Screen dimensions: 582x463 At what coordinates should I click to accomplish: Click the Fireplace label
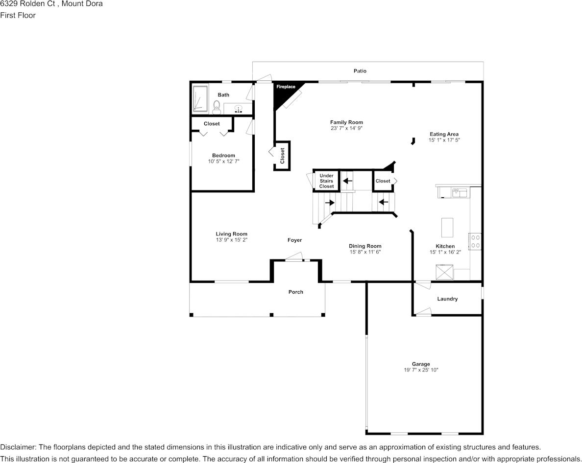(x=286, y=87)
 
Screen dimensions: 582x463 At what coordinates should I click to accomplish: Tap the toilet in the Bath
(x=217, y=108)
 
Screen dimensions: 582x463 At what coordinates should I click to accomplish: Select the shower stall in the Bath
(x=200, y=99)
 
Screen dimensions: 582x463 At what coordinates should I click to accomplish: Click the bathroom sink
(x=238, y=109)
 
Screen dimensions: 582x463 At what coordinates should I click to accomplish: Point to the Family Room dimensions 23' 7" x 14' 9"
(x=347, y=128)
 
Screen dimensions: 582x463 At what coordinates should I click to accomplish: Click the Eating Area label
(x=444, y=134)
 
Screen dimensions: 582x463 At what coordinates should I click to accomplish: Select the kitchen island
(x=447, y=227)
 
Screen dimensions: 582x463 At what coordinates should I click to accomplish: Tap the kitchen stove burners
(x=476, y=241)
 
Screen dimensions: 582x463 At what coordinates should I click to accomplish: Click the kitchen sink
(x=460, y=192)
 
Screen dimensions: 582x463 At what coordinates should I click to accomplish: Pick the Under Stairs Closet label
(x=327, y=181)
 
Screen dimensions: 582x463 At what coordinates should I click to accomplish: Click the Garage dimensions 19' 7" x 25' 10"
(x=421, y=370)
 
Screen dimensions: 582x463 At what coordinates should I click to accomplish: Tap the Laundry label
(x=447, y=299)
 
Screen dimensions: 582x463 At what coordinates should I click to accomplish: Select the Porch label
(x=296, y=292)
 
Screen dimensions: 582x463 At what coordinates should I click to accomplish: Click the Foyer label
(x=295, y=240)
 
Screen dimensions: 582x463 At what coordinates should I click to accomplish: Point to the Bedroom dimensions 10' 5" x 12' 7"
(x=223, y=161)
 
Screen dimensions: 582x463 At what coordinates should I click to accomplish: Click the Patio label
(x=360, y=71)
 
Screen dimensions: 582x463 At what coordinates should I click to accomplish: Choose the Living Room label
(x=232, y=234)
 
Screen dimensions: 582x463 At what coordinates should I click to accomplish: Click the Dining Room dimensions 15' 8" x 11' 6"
(x=365, y=252)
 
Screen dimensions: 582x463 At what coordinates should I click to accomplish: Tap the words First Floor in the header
(x=18, y=15)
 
